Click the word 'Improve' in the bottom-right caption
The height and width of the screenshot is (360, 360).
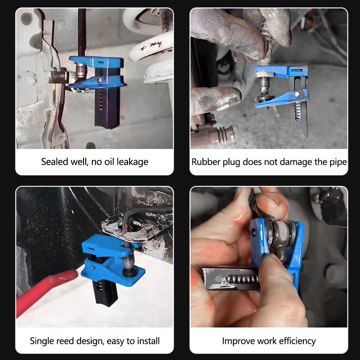pyautogui.click(x=238, y=341)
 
